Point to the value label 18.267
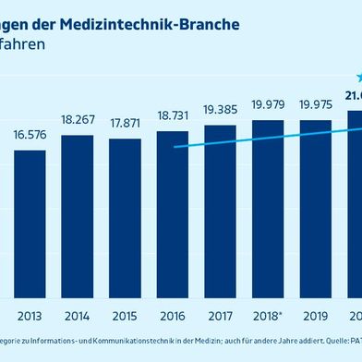[77, 120]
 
